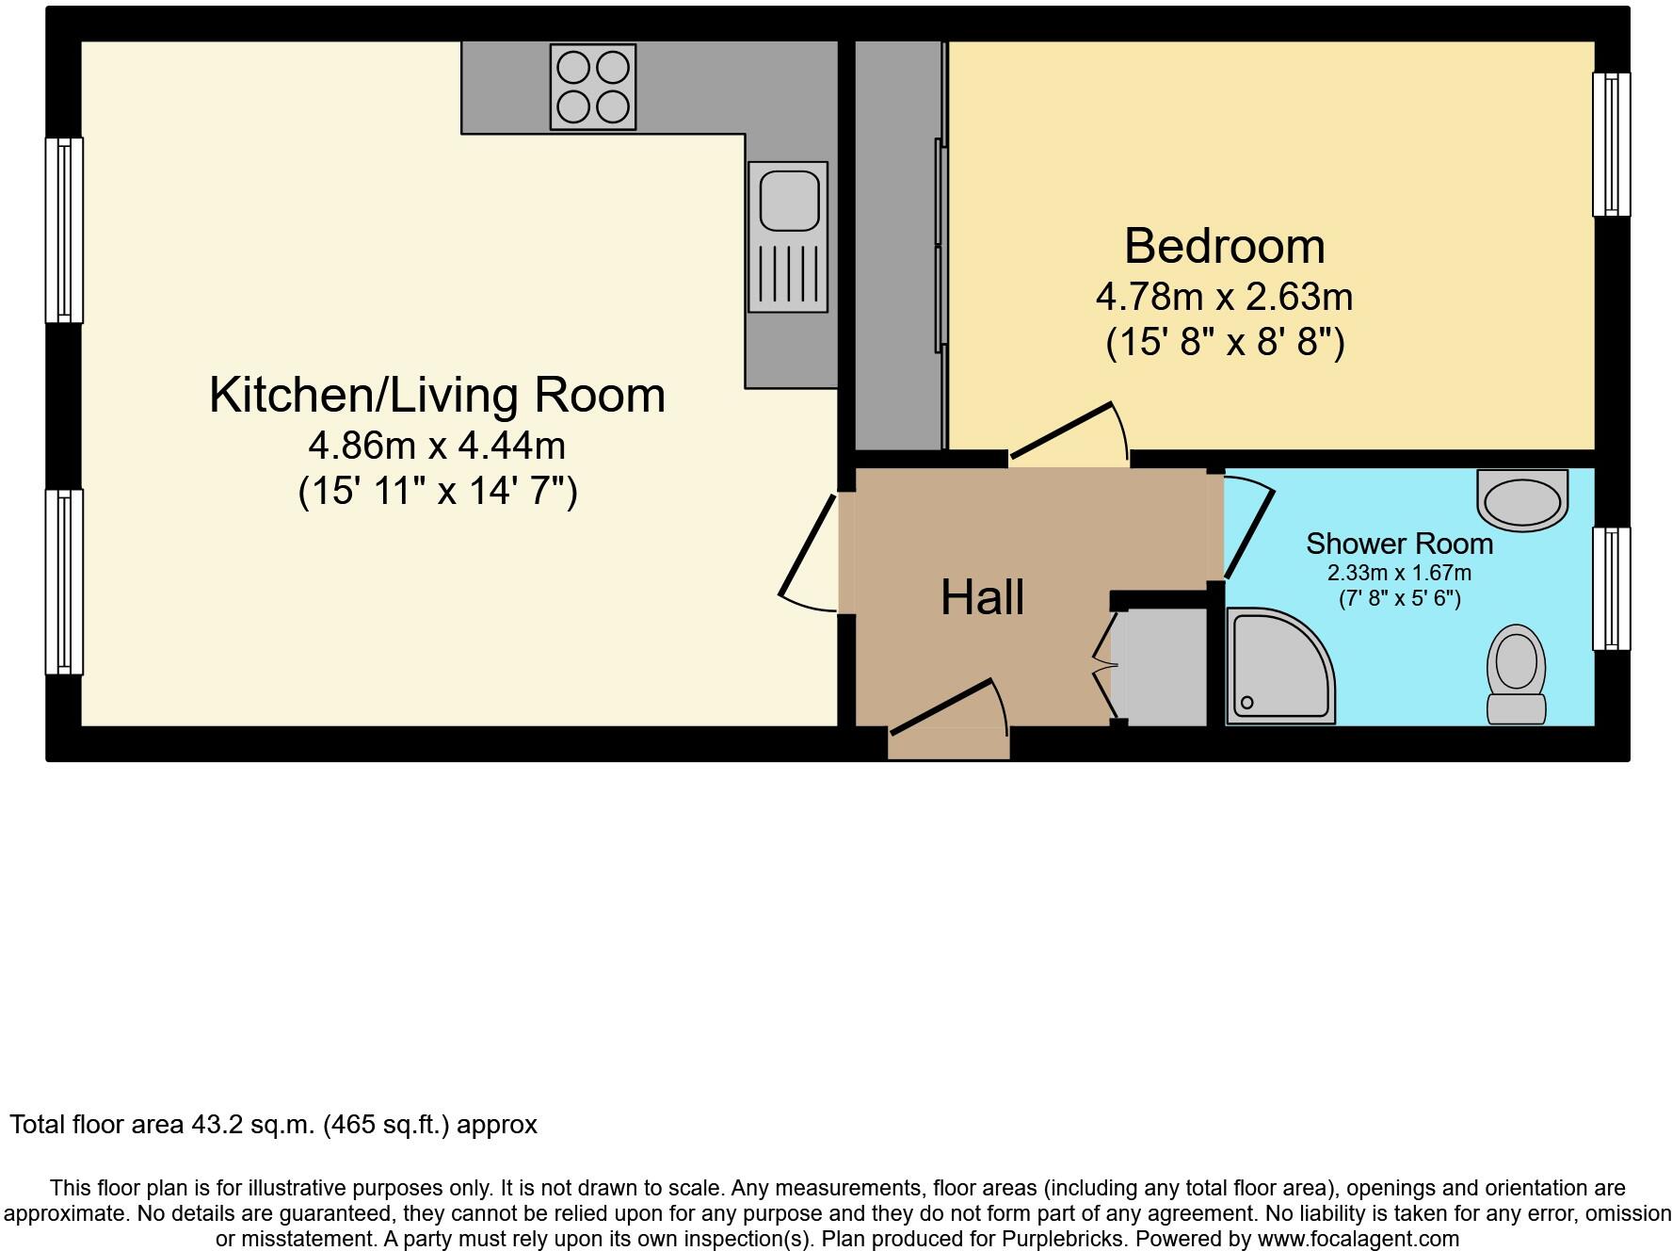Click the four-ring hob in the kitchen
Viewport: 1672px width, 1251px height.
593,89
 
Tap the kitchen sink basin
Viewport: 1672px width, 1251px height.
789,200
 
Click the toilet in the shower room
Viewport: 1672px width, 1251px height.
1516,674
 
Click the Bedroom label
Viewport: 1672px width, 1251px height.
1224,246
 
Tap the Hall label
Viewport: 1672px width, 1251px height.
982,597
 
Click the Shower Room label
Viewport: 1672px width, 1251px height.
1399,544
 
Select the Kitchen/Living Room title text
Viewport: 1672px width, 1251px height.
437,394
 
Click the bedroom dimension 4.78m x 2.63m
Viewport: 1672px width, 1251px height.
1224,297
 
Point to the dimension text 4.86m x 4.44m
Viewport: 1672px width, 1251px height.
437,444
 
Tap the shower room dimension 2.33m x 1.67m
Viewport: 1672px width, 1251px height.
1399,573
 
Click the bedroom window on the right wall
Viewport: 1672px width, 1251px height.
1611,144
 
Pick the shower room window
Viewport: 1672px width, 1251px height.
1611,589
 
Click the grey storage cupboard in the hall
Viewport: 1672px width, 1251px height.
1160,667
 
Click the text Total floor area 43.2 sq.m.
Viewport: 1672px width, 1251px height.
273,1125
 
